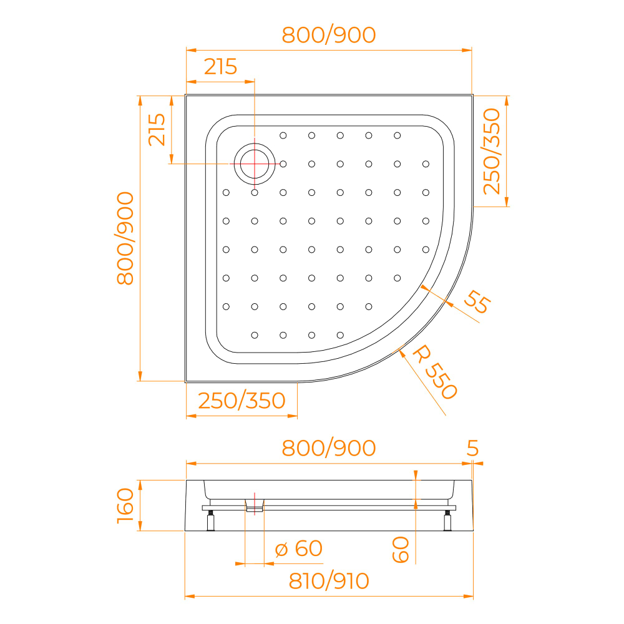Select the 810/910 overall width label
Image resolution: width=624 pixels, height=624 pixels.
point(329,581)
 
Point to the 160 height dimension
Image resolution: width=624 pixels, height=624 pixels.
point(125,505)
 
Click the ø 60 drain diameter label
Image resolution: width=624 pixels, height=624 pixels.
point(299,548)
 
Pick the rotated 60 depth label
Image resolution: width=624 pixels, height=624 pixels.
point(401,549)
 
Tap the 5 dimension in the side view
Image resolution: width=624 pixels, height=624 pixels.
point(472,447)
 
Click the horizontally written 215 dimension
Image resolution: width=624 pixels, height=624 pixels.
point(221,66)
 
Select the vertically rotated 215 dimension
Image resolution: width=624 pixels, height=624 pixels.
point(157,129)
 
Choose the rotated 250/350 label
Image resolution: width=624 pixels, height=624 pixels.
point(492,151)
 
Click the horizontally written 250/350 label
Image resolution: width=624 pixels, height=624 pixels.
point(241,400)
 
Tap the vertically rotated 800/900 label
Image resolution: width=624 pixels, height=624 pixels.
point(125,238)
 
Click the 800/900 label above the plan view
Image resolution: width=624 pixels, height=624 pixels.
point(329,35)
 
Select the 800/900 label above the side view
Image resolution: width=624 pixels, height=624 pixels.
point(329,447)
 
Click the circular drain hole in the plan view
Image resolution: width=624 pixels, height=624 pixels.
point(255,164)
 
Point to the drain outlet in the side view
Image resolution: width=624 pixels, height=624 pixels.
point(255,503)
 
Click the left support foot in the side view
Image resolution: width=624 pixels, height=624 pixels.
point(211,520)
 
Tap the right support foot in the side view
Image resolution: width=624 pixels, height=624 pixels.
point(447,520)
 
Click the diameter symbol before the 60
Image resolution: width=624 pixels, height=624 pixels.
point(281,549)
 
